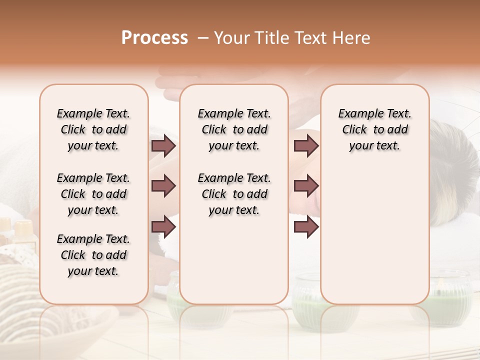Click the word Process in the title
(154, 38)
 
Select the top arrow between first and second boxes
(163, 146)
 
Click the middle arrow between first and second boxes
(163, 186)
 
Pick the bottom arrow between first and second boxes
(163, 227)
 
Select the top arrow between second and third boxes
(306, 146)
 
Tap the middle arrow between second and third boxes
(306, 186)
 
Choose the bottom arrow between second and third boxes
(306, 227)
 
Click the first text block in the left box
(93, 129)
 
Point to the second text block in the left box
(93, 194)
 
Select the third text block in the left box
(93, 255)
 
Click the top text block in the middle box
(234, 129)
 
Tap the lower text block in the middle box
(234, 194)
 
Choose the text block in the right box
(374, 129)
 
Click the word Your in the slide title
(232, 38)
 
